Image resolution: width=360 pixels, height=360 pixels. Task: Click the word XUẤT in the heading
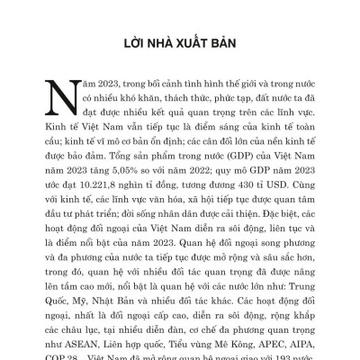pos(194,42)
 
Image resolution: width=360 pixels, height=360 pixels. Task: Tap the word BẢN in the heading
pos(229,42)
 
